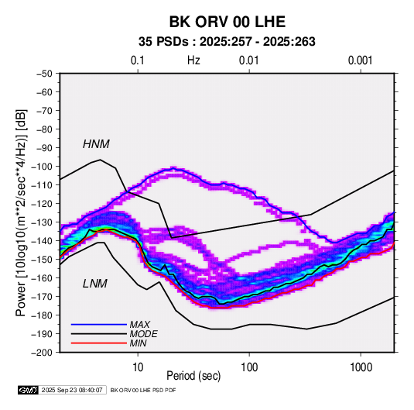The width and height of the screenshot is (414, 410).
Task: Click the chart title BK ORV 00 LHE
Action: [x=227, y=22]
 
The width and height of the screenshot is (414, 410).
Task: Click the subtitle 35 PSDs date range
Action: [x=227, y=42]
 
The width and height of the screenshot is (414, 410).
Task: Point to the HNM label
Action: [x=96, y=144]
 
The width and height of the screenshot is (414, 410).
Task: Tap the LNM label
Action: [x=95, y=284]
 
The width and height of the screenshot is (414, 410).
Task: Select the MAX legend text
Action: [x=139, y=324]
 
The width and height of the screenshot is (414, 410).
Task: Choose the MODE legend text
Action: [x=143, y=334]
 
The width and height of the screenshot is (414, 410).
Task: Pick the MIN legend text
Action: [x=138, y=343]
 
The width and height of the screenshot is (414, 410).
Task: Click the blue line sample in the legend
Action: [x=99, y=325]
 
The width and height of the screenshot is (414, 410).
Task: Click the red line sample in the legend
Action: [x=99, y=343]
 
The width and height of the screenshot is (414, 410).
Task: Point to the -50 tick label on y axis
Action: [x=44, y=74]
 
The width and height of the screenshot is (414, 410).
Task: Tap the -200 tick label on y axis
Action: [x=42, y=353]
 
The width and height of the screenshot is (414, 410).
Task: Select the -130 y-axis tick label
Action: [x=42, y=222]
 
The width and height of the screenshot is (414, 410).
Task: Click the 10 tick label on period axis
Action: [x=138, y=367]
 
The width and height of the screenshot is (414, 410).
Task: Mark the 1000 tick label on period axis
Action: [x=361, y=367]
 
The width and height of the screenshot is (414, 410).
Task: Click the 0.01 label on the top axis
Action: [x=249, y=60]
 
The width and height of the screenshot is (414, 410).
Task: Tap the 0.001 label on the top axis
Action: [x=360, y=60]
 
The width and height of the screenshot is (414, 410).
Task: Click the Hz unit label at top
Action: [x=193, y=60]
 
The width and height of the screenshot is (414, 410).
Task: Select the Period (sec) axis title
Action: [x=193, y=376]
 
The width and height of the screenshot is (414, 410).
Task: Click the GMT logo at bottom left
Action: [x=29, y=390]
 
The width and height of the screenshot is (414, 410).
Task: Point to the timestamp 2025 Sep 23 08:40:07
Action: [x=72, y=390]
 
